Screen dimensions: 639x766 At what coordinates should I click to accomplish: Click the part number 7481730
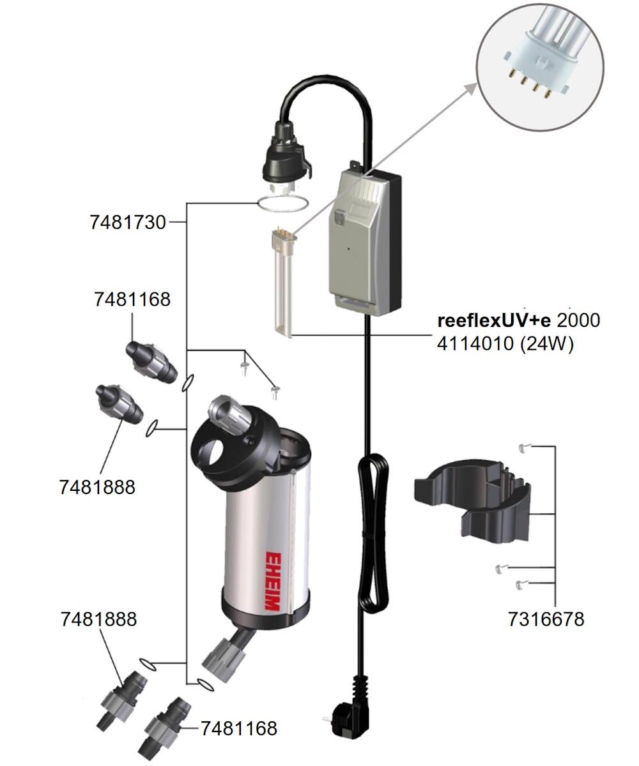(x=128, y=223)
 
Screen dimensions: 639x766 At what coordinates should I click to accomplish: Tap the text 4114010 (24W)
(x=505, y=344)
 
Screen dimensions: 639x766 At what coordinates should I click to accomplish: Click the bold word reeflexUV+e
(x=494, y=320)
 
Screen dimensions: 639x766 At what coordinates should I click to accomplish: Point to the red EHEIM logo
(x=272, y=582)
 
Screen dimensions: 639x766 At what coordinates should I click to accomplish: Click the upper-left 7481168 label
(x=132, y=299)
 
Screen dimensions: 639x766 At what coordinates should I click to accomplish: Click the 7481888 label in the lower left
(x=98, y=619)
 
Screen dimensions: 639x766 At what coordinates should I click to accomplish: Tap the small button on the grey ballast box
(x=339, y=218)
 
